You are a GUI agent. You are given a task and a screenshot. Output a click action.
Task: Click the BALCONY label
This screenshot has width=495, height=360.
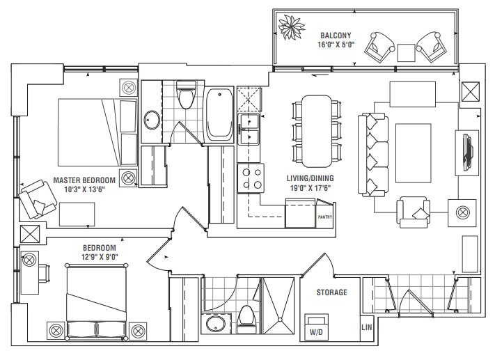[336, 36]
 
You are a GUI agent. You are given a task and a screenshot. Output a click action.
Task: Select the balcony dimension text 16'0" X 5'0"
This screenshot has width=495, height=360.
[336, 45]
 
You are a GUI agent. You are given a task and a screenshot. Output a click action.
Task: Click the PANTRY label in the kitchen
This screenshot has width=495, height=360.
[324, 217]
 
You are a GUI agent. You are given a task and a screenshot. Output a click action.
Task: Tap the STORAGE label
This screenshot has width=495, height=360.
[331, 292]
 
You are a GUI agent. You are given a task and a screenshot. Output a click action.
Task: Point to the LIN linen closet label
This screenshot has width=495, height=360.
[366, 327]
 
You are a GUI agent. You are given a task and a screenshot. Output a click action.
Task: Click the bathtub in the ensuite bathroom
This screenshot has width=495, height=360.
[219, 114]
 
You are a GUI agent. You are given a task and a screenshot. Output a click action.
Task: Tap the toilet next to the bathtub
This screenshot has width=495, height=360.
[185, 97]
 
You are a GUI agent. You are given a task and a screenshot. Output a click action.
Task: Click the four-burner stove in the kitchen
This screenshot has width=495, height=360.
[251, 177]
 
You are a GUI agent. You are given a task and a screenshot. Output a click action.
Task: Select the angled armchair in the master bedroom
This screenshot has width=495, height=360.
[38, 200]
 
